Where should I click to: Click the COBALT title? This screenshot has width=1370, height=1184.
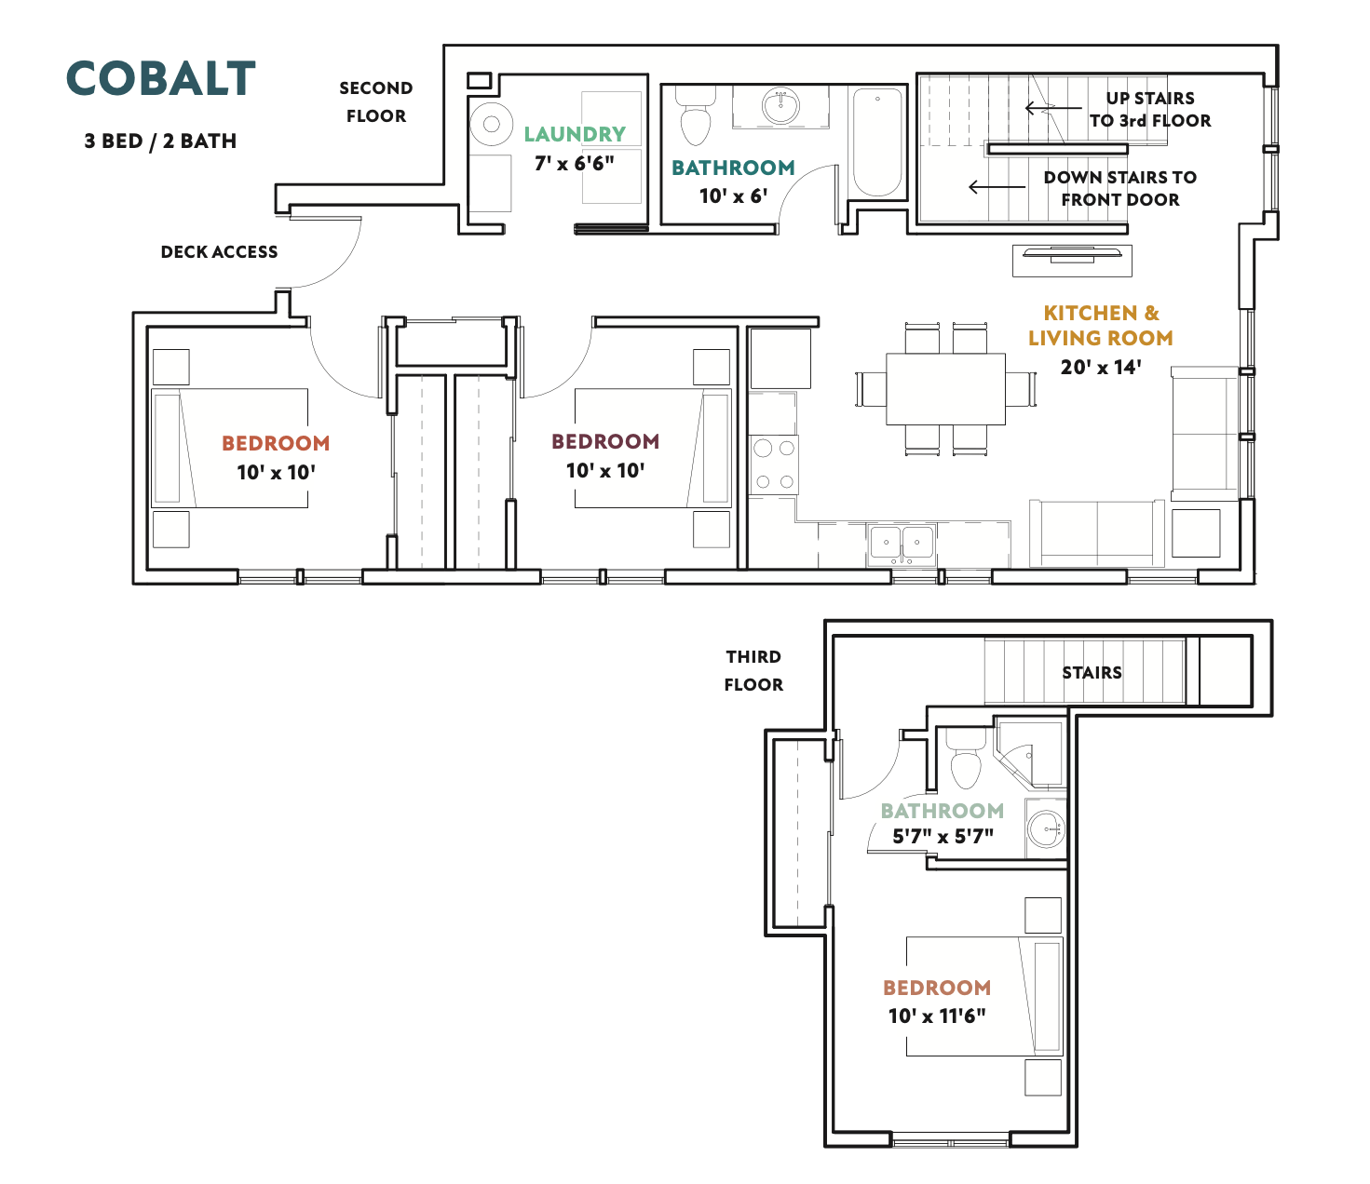pos(161,78)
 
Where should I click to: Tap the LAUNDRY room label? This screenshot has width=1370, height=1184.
pos(575,134)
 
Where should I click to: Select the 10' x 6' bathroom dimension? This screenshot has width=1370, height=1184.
pos(733,195)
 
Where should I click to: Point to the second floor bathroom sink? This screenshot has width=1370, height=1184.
pos(780,106)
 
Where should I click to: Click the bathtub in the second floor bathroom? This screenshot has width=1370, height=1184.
pos(877,142)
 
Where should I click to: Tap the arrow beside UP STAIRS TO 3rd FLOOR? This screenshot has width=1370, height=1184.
pos(1053,108)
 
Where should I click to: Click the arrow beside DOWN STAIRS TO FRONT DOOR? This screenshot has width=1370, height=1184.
pos(997,187)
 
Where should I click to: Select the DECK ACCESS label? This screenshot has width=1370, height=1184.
pos(220,251)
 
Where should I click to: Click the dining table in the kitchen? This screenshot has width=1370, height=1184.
pos(946,389)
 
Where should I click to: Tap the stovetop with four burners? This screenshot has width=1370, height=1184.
pos(774,464)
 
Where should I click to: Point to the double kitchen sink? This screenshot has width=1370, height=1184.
pos(902,544)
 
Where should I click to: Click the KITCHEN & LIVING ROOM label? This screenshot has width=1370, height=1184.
pos(1100,325)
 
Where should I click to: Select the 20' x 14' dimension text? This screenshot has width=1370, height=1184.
pos(1101,367)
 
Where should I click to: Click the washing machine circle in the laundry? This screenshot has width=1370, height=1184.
pos(492,124)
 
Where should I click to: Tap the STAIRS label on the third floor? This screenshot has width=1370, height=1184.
pos(1092,672)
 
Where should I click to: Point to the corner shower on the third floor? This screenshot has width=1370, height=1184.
pos(1030,754)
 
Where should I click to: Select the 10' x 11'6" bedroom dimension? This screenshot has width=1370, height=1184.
pos(937,1016)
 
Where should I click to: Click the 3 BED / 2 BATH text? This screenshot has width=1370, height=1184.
pos(160,141)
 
